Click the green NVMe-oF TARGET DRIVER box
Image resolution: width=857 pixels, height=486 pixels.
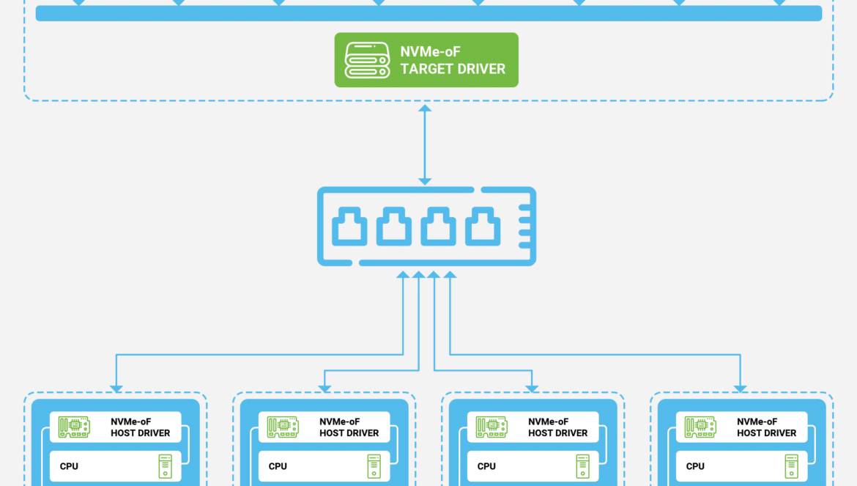pyautogui.click(x=426, y=59)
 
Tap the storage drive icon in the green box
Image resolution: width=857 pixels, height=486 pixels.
pyautogui.click(x=367, y=60)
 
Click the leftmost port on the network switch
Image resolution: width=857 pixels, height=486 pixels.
pyautogui.click(x=349, y=226)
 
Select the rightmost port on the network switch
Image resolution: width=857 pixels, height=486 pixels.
pyautogui.click(x=483, y=226)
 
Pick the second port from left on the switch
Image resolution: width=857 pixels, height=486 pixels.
pyautogui.click(x=393, y=226)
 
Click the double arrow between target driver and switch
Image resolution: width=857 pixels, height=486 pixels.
pyautogui.click(x=425, y=145)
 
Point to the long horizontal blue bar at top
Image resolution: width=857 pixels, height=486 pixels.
pyautogui.click(x=428, y=13)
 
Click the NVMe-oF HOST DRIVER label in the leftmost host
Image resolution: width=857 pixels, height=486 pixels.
pyautogui.click(x=141, y=427)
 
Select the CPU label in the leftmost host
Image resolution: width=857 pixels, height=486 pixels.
pyautogui.click(x=69, y=466)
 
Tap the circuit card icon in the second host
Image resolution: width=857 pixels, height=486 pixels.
pyautogui.click(x=283, y=427)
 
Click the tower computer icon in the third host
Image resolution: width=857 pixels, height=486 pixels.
pyautogui.click(x=582, y=466)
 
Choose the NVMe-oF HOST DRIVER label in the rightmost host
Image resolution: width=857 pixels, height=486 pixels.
pyautogui.click(x=767, y=427)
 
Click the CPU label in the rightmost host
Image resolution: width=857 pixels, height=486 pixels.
pyautogui.click(x=695, y=466)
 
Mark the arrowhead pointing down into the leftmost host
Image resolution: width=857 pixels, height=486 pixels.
pyautogui.click(x=116, y=389)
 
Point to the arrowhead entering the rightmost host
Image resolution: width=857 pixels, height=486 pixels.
pyautogui.click(x=740, y=389)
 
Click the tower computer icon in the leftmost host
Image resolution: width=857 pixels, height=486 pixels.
pyautogui.click(x=165, y=466)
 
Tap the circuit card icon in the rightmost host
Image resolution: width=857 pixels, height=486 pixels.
pyautogui.click(x=700, y=427)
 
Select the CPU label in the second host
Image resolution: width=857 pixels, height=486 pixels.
pyautogui.click(x=278, y=466)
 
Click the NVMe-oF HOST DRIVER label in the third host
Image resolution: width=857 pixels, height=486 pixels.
pyautogui.click(x=558, y=427)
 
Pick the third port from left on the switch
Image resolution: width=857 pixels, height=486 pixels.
pyautogui.click(x=438, y=226)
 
